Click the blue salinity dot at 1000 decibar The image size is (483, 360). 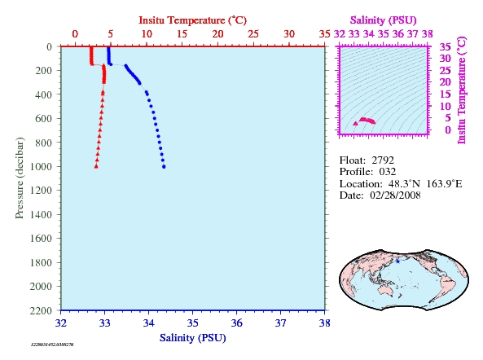click(164, 167)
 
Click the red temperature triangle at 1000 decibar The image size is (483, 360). click(96, 166)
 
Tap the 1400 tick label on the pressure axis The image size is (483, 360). click(41, 214)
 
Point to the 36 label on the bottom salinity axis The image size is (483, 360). click(236, 323)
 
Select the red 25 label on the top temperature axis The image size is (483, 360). click(253, 34)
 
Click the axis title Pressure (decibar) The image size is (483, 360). click(20, 178)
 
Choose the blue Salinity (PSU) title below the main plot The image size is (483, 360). click(193, 338)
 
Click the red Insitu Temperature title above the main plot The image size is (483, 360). click(193, 20)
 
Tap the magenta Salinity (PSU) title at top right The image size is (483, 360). click(383, 20)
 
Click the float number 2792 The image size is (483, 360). click(383, 160)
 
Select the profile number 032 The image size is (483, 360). click(388, 172)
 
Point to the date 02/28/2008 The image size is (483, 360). click(395, 195)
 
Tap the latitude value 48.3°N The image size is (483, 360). click(404, 184)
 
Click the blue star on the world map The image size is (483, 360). click(397, 261)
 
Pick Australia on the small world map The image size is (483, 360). click(385, 289)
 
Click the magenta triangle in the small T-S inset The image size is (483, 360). click(355, 124)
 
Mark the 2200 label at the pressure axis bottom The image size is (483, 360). click(41, 310)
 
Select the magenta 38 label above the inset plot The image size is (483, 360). click(428, 34)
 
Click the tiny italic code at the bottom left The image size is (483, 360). click(52, 345)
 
